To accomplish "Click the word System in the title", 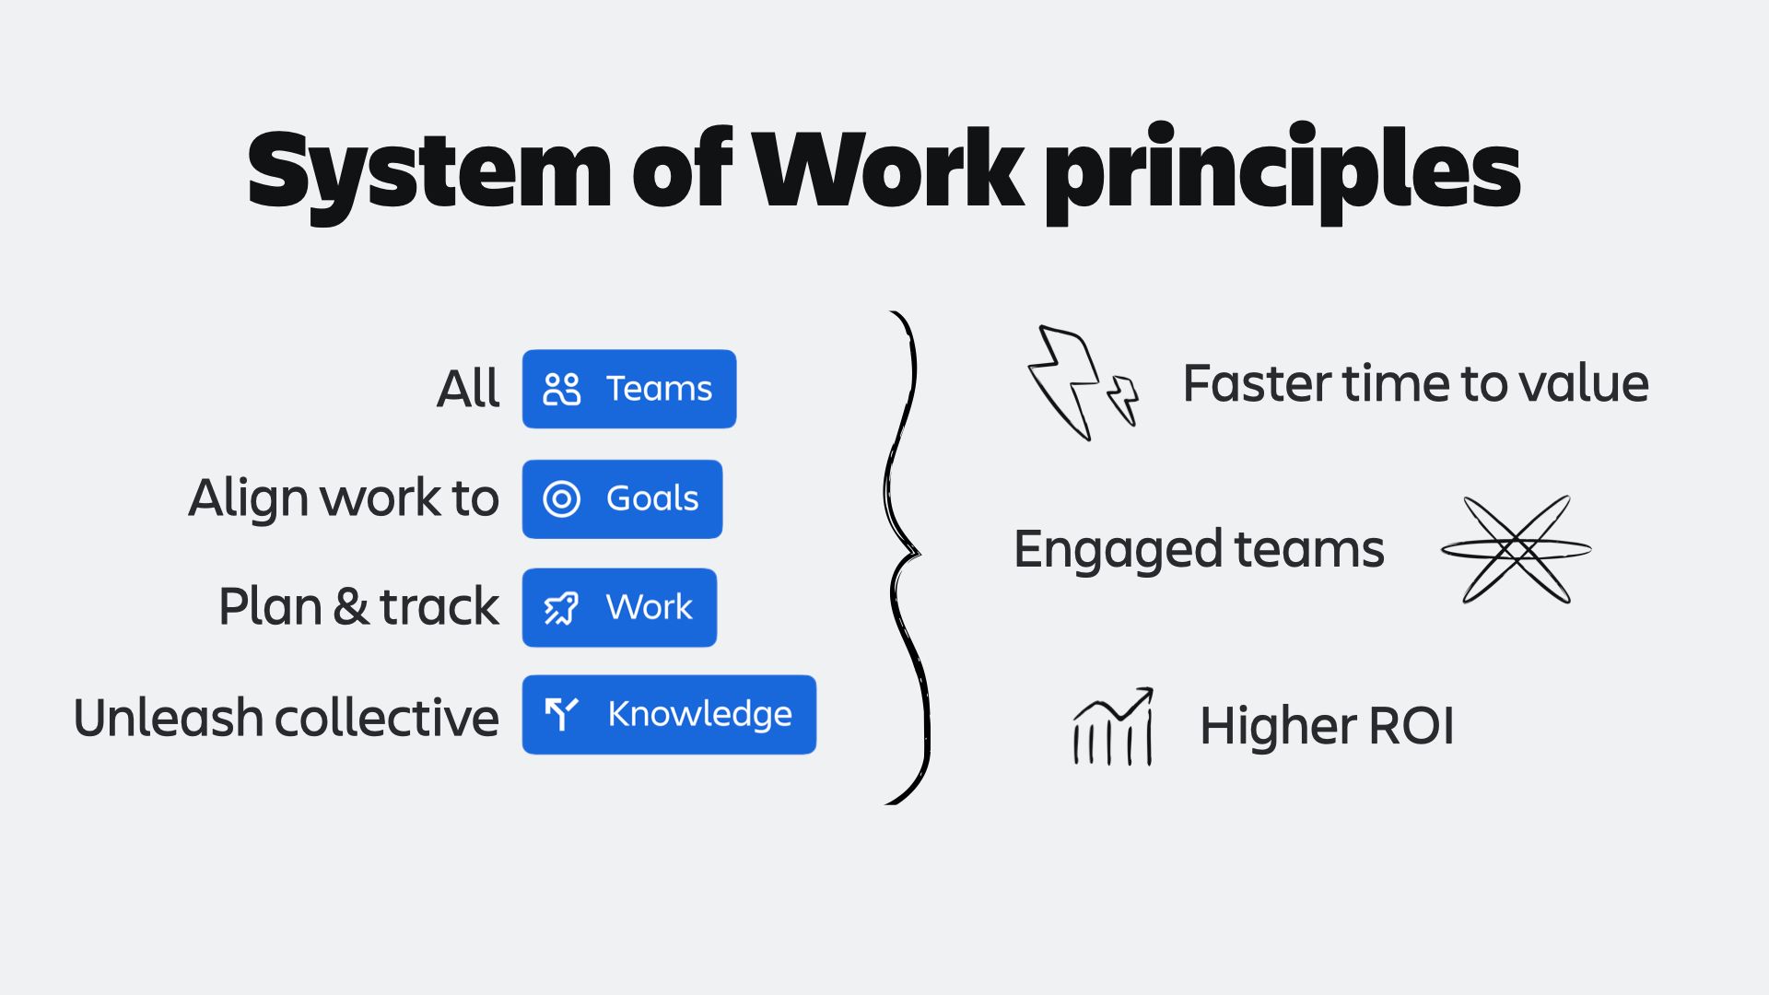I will click(428, 170).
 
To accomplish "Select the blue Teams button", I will click(629, 389).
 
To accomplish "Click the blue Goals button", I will click(622, 498).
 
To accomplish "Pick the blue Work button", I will click(619, 607).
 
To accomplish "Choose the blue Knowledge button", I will click(669, 715).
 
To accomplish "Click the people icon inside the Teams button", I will click(562, 389).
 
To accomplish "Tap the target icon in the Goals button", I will click(562, 498).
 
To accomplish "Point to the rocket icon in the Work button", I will click(561, 608).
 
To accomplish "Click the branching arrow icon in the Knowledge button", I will click(561, 714).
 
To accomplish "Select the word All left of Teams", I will click(468, 389).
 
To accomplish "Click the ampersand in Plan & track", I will click(350, 607).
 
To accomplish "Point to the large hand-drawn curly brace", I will click(908, 557).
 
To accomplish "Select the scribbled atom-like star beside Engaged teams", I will click(1517, 550).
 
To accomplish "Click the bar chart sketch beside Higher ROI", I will click(1113, 728).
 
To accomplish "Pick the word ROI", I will click(1411, 726).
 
